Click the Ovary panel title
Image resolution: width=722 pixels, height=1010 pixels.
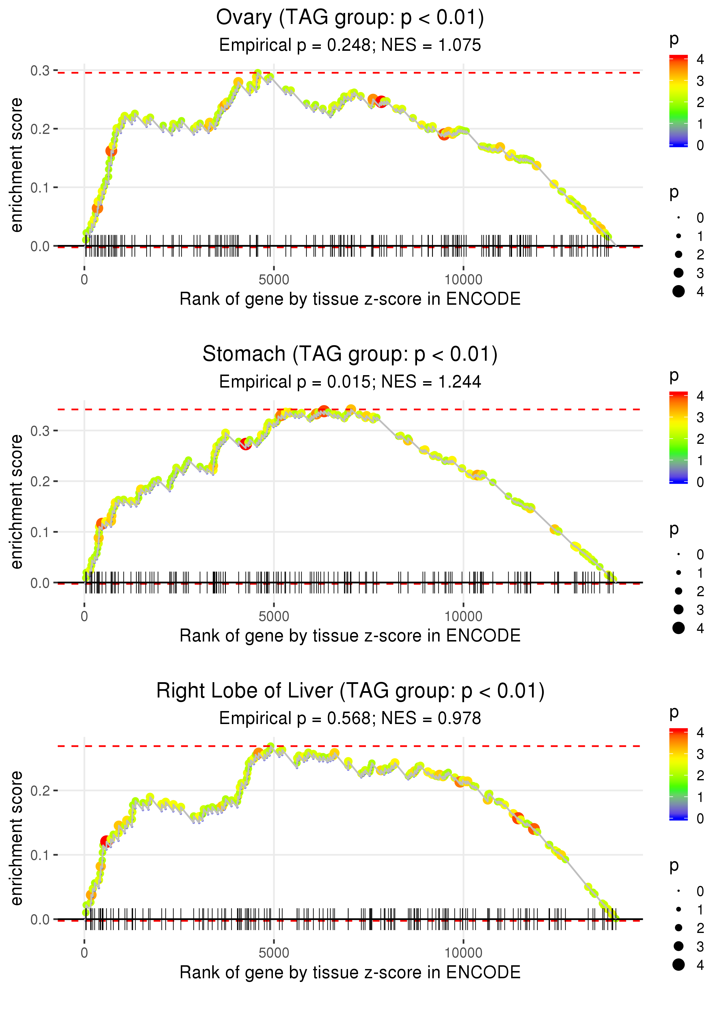[350, 18]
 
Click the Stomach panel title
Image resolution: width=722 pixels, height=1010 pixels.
[350, 354]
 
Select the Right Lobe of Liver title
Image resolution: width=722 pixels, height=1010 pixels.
[350, 691]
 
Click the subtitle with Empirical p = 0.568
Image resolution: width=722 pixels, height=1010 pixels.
[350, 718]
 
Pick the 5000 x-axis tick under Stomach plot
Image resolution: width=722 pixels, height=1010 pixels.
[274, 616]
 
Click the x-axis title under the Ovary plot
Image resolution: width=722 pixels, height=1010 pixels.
[350, 299]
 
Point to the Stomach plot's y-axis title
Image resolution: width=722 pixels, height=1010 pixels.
[16, 502]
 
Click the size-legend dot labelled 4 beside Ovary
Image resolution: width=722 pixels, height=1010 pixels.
[678, 291]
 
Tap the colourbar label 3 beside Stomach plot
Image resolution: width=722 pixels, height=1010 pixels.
[700, 418]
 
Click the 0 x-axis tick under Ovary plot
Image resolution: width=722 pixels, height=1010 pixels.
[84, 280]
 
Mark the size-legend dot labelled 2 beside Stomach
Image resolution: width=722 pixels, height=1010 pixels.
[678, 591]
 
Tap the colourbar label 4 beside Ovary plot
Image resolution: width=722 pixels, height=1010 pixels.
[700, 59]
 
